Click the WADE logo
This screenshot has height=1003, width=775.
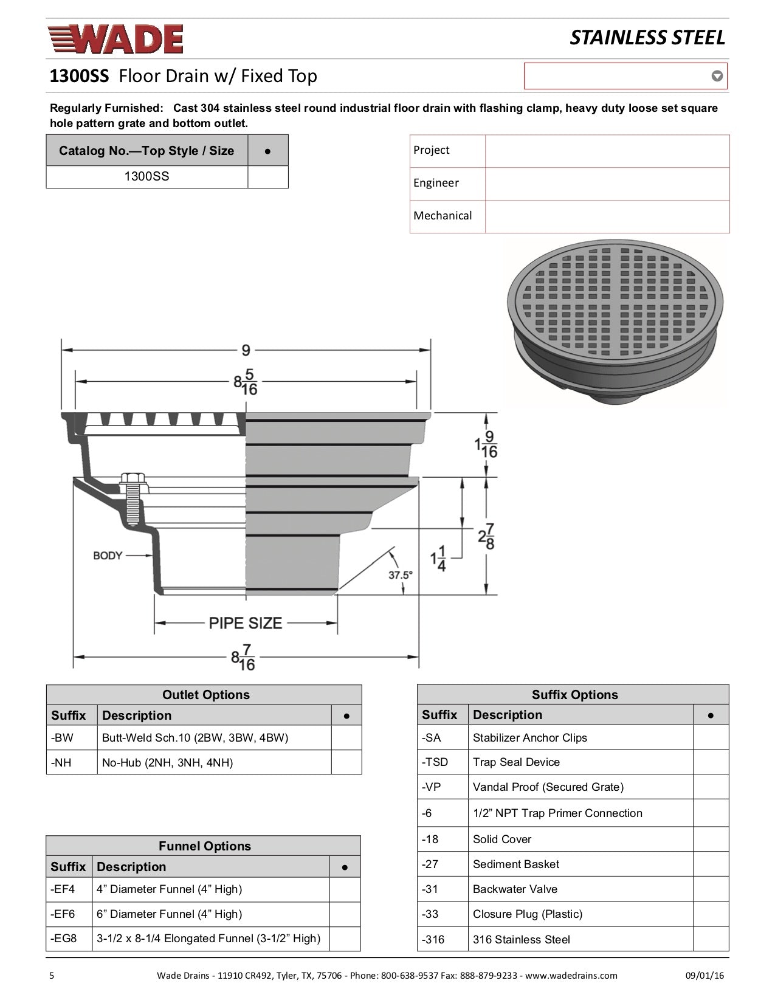coord(115,40)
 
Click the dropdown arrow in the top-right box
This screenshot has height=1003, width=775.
coord(717,76)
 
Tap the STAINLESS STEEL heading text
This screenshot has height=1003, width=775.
coord(647,38)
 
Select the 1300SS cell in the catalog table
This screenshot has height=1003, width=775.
coord(146,176)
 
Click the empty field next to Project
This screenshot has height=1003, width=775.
coord(607,151)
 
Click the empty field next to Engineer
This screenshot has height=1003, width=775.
coord(607,184)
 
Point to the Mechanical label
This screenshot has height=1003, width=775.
coord(443,216)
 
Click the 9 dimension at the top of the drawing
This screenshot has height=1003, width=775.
coord(246,350)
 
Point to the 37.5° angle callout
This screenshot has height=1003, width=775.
coord(401,574)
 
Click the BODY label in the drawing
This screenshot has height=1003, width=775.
coord(108,555)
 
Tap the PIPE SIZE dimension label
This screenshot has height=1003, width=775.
coord(246,623)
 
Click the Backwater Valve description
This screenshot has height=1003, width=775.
coord(515,889)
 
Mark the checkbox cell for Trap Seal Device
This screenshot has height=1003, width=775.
coord(711,762)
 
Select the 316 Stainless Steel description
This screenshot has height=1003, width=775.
coord(522,939)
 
